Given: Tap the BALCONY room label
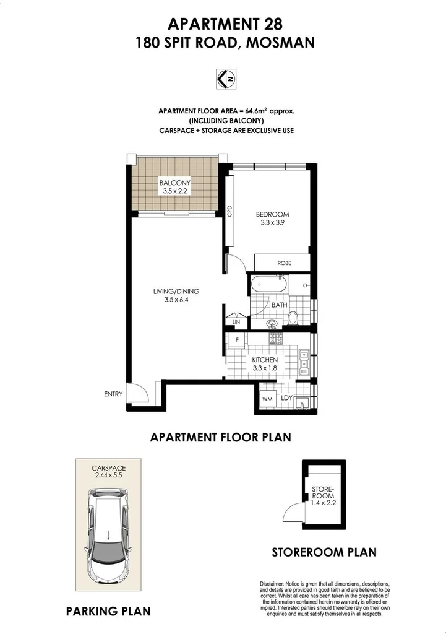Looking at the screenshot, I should point(174,183).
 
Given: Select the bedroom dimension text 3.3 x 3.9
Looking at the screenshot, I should point(272,225).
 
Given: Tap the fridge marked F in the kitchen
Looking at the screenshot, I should point(236,340).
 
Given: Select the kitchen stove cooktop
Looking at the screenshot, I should point(274,339).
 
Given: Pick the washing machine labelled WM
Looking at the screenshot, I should point(267,400).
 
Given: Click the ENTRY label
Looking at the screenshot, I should point(113,394).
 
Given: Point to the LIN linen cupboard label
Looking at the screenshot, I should point(236,322).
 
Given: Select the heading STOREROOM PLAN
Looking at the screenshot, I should point(324,552).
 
